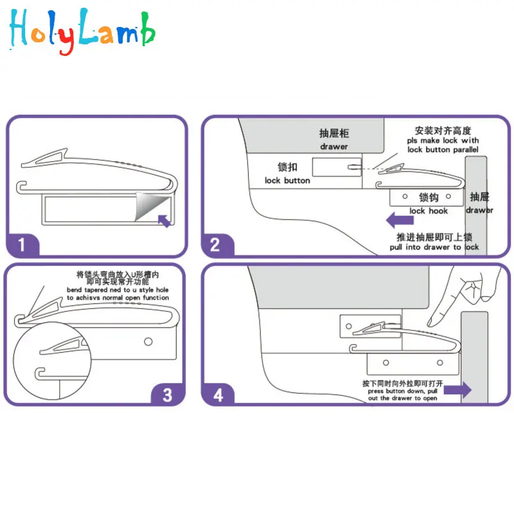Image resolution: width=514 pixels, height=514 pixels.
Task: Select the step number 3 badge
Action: pos(167,393)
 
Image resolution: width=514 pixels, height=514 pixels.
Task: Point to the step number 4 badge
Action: pos(218,393)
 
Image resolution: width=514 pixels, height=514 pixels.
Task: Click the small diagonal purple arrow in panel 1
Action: pos(164,221)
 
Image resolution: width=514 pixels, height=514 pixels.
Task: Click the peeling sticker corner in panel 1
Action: pos(148,204)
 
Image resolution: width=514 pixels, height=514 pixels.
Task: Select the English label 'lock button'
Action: pos(287,181)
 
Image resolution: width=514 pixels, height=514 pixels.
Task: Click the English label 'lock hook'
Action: pos(429,211)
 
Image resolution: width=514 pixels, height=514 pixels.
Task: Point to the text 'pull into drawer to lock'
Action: pos(434,247)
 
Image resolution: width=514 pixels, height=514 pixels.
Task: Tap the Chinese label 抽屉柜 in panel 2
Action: pos(334,134)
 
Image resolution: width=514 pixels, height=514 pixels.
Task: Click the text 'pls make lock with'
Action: pos(443,140)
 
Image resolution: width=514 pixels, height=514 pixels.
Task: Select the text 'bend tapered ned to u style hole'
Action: pos(118,290)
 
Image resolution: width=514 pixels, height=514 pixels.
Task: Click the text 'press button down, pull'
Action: pos(402,391)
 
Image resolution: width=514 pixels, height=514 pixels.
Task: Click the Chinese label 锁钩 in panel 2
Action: pos(429,198)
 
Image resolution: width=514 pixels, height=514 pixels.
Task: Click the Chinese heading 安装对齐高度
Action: pos(443,130)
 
